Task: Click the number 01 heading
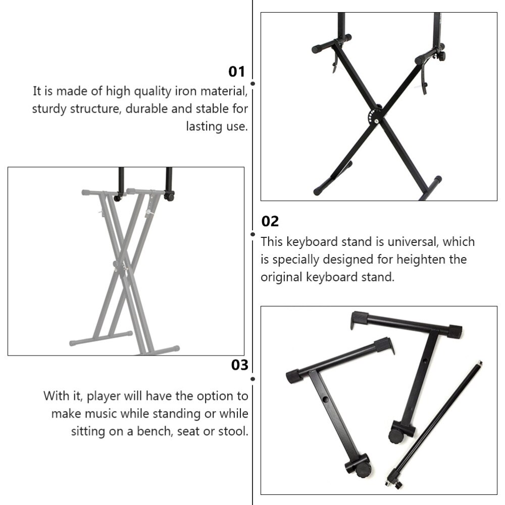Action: (x=236, y=72)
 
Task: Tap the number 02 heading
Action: (x=270, y=221)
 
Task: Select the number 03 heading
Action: (x=240, y=365)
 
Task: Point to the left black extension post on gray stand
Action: (x=120, y=183)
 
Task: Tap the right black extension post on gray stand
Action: (x=169, y=182)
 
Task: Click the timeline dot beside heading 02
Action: (x=252, y=234)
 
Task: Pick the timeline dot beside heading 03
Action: (x=252, y=378)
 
